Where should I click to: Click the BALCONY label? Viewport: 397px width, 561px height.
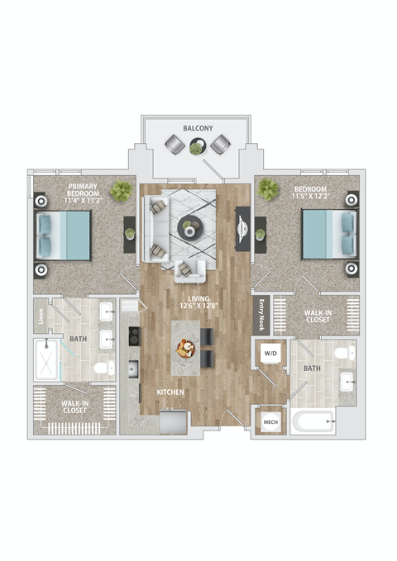coord(198,129)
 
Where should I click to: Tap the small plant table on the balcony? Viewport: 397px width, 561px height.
coord(197,147)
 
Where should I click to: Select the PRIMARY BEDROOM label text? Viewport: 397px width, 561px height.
coord(84,193)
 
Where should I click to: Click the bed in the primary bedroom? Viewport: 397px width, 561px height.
coord(64,235)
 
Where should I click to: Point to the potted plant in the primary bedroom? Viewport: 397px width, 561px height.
coord(122,192)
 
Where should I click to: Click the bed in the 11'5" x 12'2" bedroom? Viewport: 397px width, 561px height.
coord(329,234)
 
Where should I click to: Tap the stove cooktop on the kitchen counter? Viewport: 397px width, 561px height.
coord(132,336)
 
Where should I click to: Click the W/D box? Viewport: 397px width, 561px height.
coord(270,354)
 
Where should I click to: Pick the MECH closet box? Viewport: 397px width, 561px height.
coord(270,421)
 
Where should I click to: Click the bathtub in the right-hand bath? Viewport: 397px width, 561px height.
coord(313,423)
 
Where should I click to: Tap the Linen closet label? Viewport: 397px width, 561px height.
coord(39,316)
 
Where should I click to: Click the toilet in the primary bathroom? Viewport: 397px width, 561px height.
coord(103,368)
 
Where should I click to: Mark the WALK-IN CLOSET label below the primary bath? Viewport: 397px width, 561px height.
coord(75,406)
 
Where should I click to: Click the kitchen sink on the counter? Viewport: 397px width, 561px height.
coord(132,367)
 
